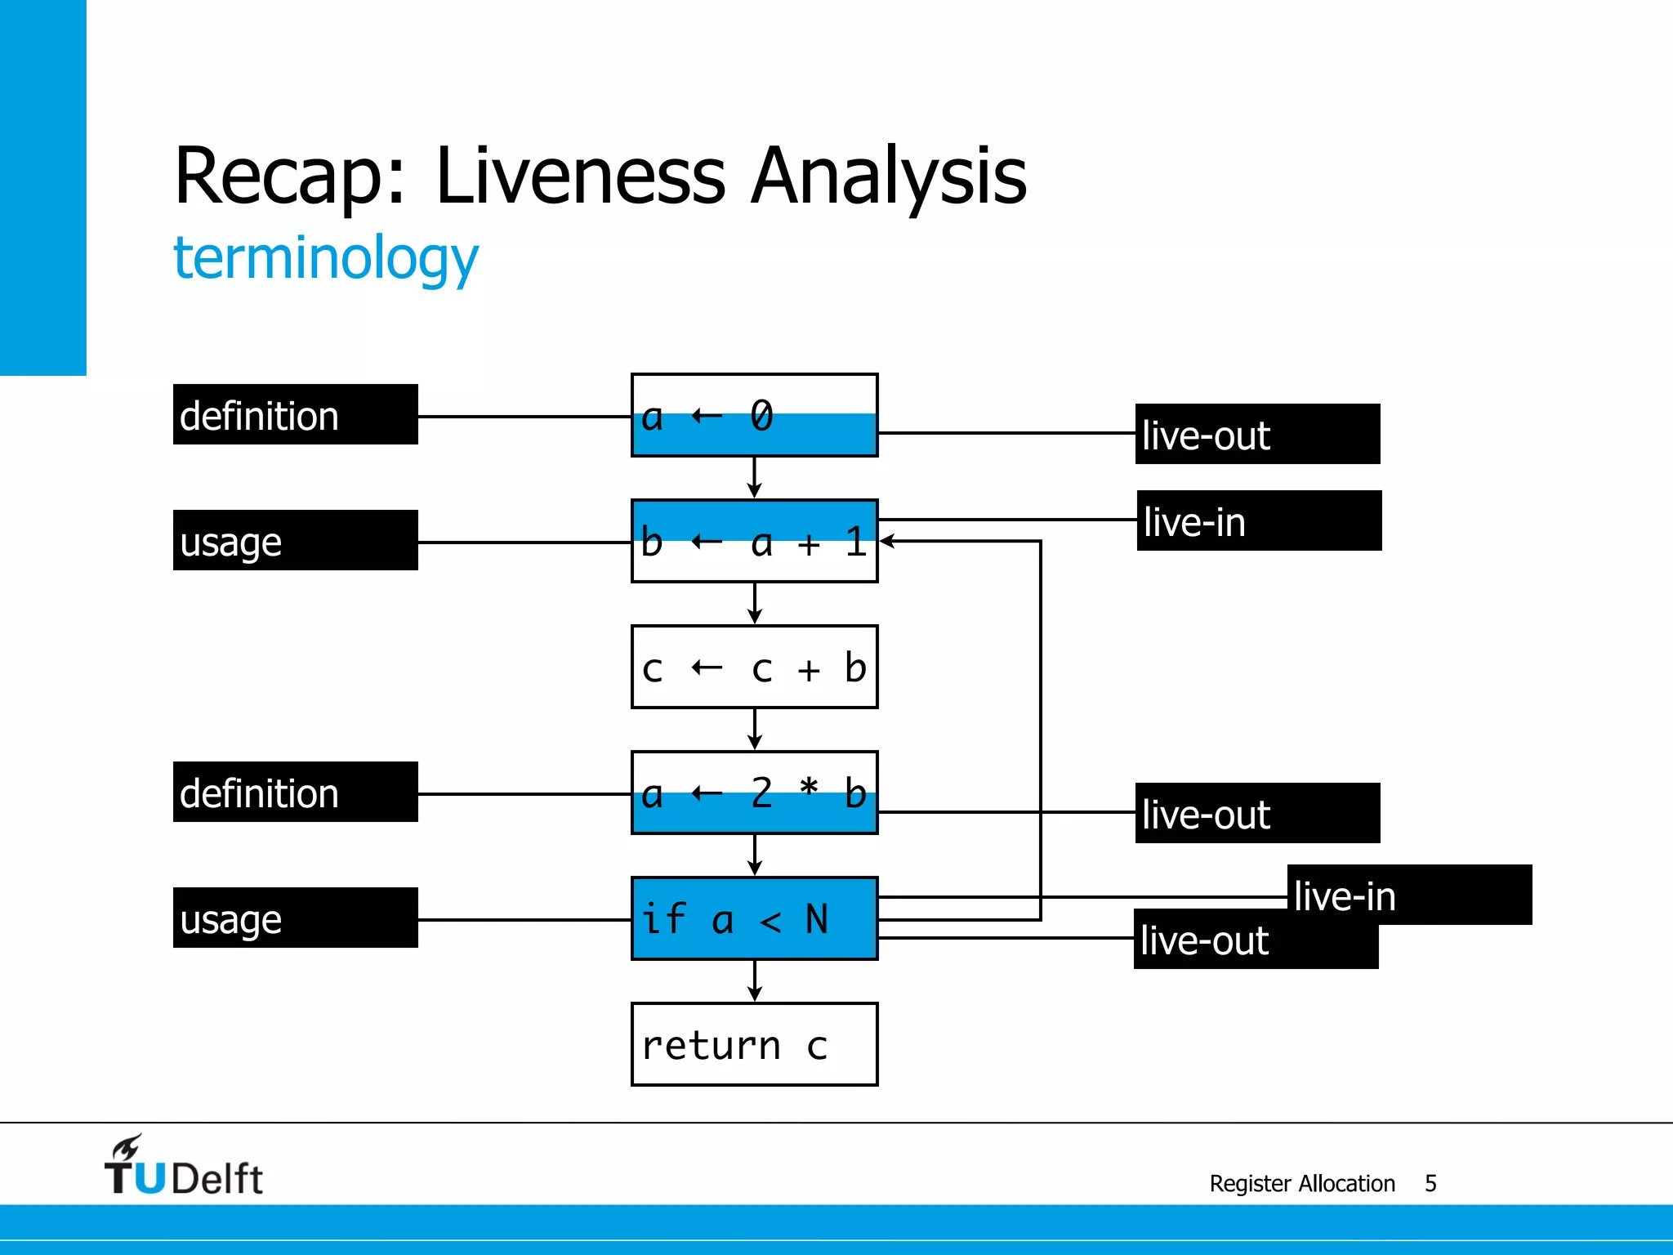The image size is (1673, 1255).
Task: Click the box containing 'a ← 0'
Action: (754, 415)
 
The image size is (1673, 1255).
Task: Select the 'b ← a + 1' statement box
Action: (754, 541)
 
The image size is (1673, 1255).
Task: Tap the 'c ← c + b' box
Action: (754, 667)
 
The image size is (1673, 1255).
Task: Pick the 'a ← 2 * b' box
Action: (754, 793)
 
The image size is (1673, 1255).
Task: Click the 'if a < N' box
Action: (754, 918)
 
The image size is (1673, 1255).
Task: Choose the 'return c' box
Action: (754, 1044)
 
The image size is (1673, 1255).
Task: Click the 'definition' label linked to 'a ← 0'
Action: (295, 414)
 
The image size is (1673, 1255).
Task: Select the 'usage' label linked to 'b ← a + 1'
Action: (295, 540)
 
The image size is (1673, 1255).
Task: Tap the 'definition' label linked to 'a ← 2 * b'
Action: (295, 792)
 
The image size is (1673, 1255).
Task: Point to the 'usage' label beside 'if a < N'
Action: (295, 918)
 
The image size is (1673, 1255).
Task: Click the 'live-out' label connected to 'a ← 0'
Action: (1257, 434)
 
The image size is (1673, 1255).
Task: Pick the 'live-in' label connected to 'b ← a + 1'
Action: (1259, 520)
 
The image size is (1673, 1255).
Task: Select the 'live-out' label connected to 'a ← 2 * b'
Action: (1257, 813)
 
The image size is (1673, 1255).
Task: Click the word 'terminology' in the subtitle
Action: (326, 258)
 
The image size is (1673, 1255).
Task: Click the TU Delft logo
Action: (184, 1167)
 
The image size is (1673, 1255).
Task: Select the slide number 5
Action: (1430, 1183)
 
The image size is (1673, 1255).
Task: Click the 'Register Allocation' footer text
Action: (1302, 1183)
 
